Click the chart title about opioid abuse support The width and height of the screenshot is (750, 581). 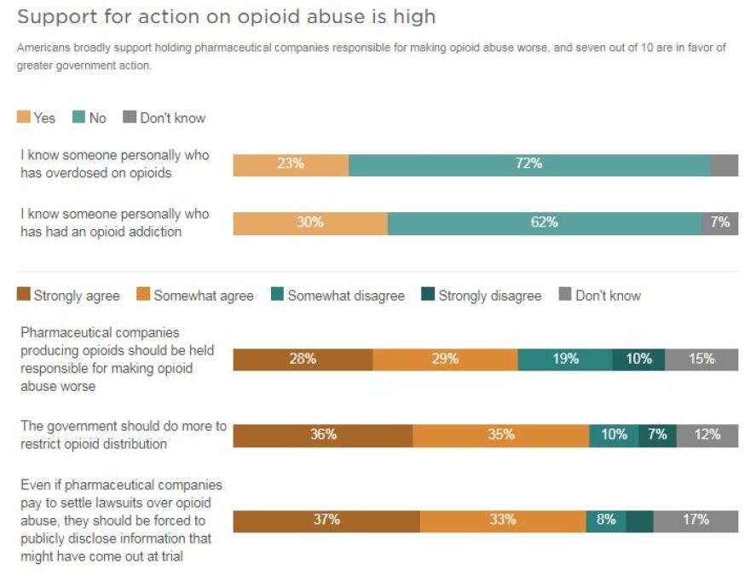pos(226,16)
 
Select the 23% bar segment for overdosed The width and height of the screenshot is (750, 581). pos(291,164)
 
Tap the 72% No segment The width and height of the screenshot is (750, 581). pos(529,164)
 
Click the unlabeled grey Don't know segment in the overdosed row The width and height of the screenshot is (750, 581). pos(724,164)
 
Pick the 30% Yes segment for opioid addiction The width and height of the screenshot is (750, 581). pos(310,223)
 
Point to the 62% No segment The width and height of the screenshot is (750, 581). pos(545,223)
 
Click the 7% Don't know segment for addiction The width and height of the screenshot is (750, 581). pos(720,223)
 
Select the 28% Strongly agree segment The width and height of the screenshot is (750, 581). pos(303,360)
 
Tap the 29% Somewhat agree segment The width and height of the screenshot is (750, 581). pos(445,360)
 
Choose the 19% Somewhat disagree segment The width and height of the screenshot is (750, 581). pos(565,360)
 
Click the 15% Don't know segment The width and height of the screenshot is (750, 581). pos(701,360)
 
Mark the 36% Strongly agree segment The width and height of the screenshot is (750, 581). pos(323,435)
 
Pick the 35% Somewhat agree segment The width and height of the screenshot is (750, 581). pos(501,435)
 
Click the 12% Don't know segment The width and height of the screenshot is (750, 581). pos(707,435)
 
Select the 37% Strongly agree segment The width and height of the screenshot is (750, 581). pos(326,521)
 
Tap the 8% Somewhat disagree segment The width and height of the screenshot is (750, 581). pos(606,521)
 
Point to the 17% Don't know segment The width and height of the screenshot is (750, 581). pos(695,521)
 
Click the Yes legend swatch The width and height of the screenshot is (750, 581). pos(23,118)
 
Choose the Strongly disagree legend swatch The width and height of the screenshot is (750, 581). pos(426,296)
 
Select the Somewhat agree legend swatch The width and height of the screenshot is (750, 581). pos(143,296)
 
